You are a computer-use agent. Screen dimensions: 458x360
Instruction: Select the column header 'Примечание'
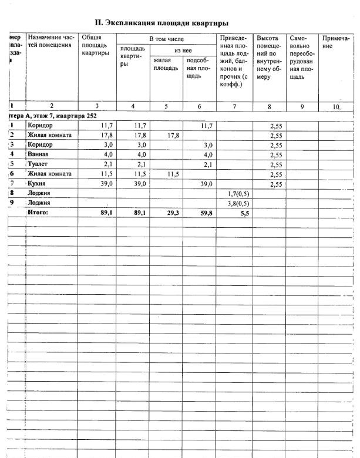[336, 42]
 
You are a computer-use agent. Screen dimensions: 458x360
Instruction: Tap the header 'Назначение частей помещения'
[52, 41]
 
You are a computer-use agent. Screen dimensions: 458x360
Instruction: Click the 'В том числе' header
[166, 39]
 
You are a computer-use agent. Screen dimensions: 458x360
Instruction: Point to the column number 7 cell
[234, 106]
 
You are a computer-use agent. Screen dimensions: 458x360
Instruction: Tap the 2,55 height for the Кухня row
[276, 184]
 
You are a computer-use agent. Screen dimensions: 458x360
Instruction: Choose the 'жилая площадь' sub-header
[166, 64]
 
